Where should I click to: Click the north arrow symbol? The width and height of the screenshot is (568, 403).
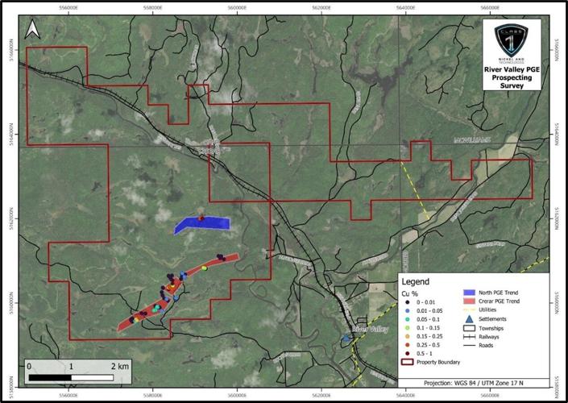coord(33,30)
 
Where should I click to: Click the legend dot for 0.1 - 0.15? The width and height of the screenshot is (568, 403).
coord(409,329)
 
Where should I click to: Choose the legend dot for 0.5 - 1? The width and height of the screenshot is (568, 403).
coord(409,352)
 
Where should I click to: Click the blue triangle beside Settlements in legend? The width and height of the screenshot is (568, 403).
coord(468,318)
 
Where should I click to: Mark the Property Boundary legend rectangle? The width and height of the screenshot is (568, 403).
coord(408,362)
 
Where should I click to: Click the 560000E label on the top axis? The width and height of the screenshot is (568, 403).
coord(238,10)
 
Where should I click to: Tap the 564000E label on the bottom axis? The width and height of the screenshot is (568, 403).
coord(405,395)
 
